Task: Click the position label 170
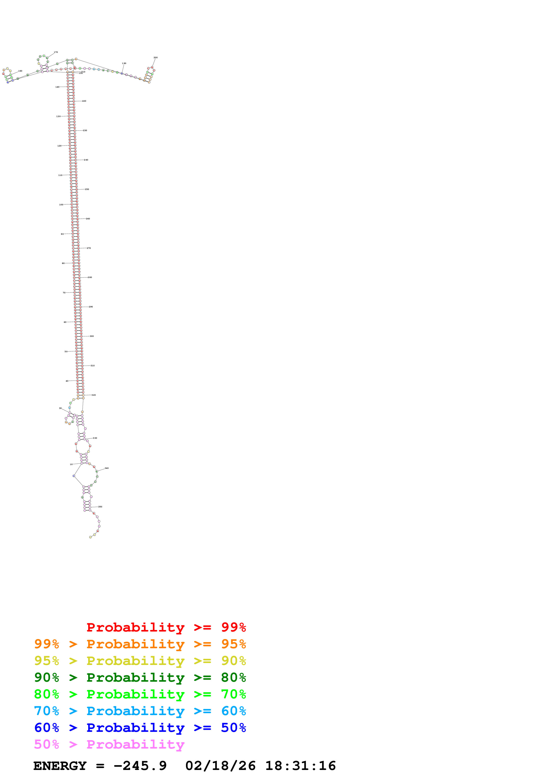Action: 56,52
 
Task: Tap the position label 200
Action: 155,58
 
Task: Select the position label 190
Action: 124,63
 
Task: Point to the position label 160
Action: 20,71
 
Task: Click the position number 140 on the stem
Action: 57,87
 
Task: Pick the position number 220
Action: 84,101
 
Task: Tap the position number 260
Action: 88,219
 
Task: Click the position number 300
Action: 92,336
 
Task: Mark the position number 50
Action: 66,352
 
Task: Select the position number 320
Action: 94,395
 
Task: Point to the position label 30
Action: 60,408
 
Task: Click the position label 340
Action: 106,468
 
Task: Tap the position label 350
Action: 100,507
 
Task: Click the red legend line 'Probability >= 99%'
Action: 166,627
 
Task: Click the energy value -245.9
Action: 140,766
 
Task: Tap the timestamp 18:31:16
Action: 300,766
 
